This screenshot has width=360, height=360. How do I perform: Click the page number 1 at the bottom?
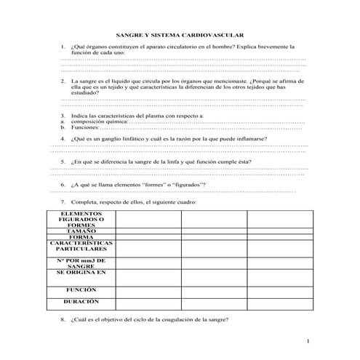[x=308, y=341]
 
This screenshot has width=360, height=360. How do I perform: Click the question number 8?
[x=63, y=319]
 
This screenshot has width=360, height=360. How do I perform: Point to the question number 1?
[x=63, y=46]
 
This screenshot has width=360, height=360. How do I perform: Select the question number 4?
[x=63, y=137]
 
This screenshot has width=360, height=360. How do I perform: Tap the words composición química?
[x=99, y=121]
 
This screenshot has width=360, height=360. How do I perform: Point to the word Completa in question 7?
[x=85, y=200]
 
